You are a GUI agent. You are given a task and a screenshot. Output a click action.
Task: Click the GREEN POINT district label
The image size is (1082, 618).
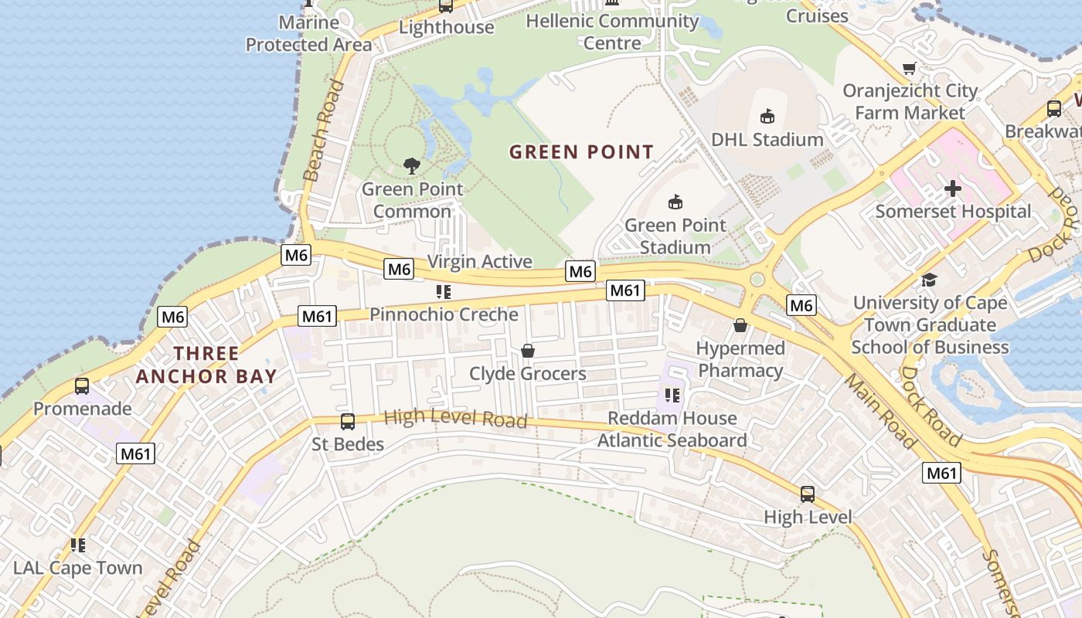[x=581, y=152]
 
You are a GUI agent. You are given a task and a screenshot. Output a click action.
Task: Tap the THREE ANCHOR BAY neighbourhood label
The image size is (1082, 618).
[x=206, y=365]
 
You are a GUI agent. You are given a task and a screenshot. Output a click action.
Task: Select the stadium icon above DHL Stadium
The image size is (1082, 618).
[x=767, y=117]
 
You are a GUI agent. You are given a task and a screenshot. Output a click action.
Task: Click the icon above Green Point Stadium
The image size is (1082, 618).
[x=675, y=202]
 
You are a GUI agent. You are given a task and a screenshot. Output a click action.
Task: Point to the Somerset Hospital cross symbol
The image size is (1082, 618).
[x=952, y=188]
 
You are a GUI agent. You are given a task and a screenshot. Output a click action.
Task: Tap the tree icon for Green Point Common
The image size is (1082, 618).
[x=412, y=165]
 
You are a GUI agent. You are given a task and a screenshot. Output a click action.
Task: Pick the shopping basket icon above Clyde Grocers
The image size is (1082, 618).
[x=528, y=351]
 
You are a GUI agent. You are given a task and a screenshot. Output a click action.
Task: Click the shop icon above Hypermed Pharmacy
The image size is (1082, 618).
[x=740, y=325]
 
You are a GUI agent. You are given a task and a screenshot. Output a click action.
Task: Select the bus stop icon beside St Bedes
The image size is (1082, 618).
[x=348, y=421]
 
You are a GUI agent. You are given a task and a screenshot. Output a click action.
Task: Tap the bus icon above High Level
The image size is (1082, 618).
[x=807, y=494]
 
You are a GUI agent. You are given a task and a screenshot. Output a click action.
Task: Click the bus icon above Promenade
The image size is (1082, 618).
[x=82, y=385]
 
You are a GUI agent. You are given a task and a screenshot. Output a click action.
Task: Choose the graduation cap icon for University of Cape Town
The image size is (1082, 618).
[x=929, y=280]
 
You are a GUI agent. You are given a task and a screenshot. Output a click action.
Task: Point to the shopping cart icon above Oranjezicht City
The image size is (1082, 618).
[x=910, y=68]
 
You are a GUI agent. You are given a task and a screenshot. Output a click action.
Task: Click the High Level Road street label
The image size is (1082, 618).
[x=455, y=419]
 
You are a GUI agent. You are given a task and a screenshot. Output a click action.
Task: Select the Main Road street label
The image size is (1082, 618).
[x=880, y=411]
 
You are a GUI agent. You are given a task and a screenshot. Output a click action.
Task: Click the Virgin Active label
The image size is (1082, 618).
[x=479, y=262]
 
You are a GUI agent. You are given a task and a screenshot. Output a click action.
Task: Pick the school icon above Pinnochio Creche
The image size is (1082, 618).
[x=443, y=291]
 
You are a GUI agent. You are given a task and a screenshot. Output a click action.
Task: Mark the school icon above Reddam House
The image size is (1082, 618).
[x=672, y=396]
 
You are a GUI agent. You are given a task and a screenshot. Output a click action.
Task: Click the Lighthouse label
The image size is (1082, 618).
[x=447, y=27]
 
